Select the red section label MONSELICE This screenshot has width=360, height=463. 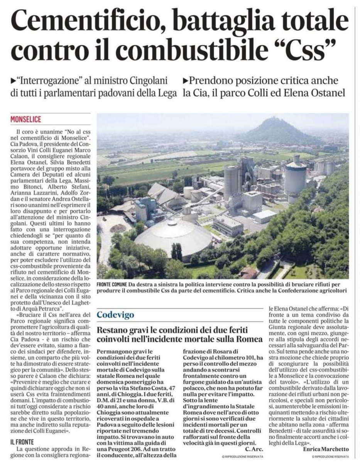pos(26,119)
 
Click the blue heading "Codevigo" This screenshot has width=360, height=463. pos(115,315)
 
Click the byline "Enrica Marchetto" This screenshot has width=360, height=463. pos(326,449)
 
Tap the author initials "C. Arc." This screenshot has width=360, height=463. pos(253,449)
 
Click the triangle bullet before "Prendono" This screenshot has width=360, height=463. pos(186,82)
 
